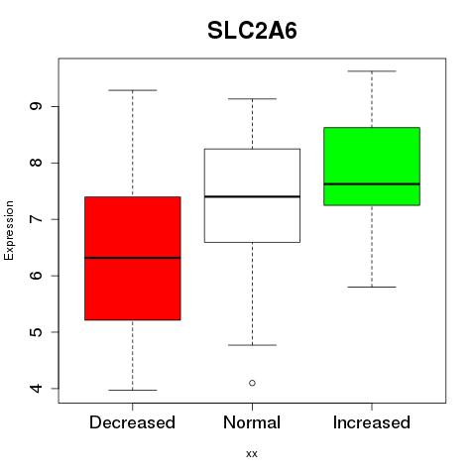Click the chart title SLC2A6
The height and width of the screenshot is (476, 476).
tap(252, 31)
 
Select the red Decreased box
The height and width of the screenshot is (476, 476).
tap(133, 258)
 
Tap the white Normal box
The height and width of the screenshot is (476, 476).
tap(252, 195)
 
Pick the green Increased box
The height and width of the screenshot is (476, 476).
tap(372, 167)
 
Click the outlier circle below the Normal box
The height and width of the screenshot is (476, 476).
tap(252, 383)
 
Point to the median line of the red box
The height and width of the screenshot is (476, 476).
tap(133, 258)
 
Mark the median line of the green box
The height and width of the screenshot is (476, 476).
tap(372, 183)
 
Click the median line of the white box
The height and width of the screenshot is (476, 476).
tap(252, 196)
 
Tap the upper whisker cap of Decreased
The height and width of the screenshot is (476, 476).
tap(133, 90)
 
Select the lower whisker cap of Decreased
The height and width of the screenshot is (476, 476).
tap(133, 390)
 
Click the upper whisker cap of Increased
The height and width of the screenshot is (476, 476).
tap(372, 71)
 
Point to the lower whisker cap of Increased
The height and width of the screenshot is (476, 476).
tap(372, 287)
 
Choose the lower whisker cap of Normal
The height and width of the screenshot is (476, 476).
tap(252, 345)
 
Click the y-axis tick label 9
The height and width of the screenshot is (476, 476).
tap(37, 106)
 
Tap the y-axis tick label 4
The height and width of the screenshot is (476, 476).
tap(37, 389)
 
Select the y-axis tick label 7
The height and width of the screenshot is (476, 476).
tap(37, 219)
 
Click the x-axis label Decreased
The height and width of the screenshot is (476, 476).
tap(132, 422)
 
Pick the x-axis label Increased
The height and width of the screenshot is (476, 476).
tap(372, 422)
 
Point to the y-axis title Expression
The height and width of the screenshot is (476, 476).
tap(9, 230)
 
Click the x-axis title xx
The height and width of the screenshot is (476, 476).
tap(252, 454)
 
